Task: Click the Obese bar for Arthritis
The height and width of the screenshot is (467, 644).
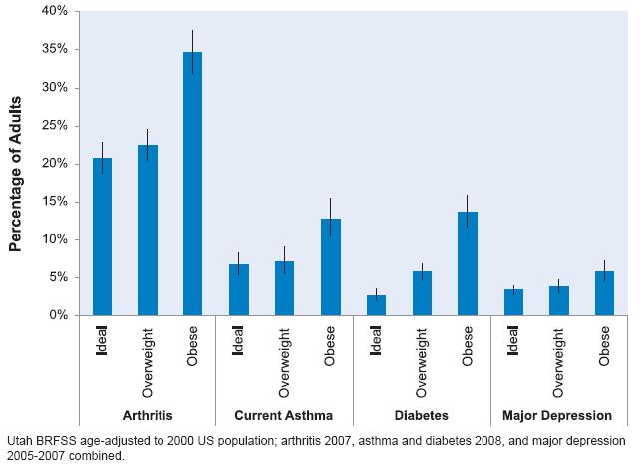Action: click(x=192, y=184)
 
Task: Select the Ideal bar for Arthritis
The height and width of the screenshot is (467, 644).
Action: click(x=102, y=236)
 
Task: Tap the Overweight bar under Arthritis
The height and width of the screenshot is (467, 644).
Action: click(x=148, y=230)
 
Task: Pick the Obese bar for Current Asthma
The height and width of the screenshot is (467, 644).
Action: click(x=330, y=266)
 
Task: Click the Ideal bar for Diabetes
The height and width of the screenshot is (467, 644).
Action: click(x=376, y=305)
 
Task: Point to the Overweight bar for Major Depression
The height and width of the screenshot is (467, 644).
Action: click(x=559, y=300)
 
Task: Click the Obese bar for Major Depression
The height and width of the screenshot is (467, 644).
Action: click(x=604, y=293)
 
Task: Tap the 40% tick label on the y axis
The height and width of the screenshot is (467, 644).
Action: click(x=54, y=11)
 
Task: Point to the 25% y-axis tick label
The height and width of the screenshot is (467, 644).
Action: click(x=54, y=126)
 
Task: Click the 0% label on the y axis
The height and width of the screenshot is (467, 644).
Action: click(x=58, y=315)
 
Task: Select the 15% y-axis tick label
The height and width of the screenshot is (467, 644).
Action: click(x=54, y=202)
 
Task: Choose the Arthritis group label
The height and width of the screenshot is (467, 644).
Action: click(x=147, y=415)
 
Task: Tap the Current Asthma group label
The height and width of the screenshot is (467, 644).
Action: click(x=284, y=415)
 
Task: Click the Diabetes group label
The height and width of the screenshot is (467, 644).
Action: click(x=421, y=415)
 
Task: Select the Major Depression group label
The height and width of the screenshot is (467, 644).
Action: click(x=558, y=415)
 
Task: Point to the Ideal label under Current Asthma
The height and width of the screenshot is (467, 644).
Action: click(x=238, y=341)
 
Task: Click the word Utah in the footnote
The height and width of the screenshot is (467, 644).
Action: click(x=19, y=440)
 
